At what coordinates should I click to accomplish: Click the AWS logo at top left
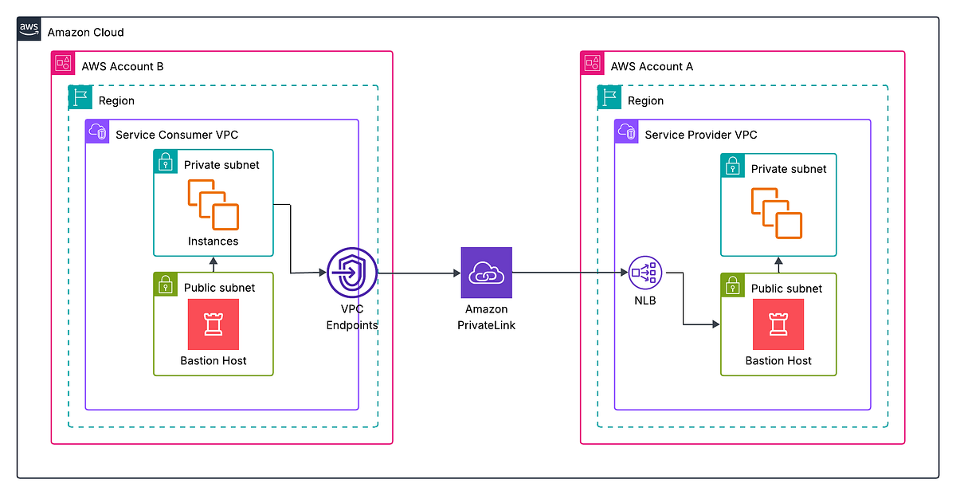pyautogui.click(x=29, y=31)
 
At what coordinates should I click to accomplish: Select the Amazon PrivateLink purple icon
pyautogui.click(x=486, y=273)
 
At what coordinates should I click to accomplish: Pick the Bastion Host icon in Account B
pyautogui.click(x=213, y=324)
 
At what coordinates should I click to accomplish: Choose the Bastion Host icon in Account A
pyautogui.click(x=778, y=324)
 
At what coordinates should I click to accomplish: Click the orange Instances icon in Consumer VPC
pyautogui.click(x=213, y=205)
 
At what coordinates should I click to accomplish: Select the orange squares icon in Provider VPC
pyautogui.click(x=777, y=214)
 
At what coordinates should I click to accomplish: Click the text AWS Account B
pyautogui.click(x=123, y=66)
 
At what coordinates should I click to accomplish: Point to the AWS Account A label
pyautogui.click(x=652, y=66)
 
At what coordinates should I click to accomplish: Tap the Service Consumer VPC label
pyautogui.click(x=177, y=135)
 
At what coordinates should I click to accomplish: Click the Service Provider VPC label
pyautogui.click(x=700, y=135)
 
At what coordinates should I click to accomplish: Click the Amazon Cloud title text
pyautogui.click(x=86, y=33)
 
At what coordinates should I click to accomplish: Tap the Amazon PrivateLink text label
pyautogui.click(x=486, y=317)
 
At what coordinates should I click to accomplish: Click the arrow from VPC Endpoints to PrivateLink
pyautogui.click(x=418, y=273)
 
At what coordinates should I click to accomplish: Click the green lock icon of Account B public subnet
pyautogui.click(x=166, y=285)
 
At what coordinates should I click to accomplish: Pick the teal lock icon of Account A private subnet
pyautogui.click(x=733, y=166)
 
